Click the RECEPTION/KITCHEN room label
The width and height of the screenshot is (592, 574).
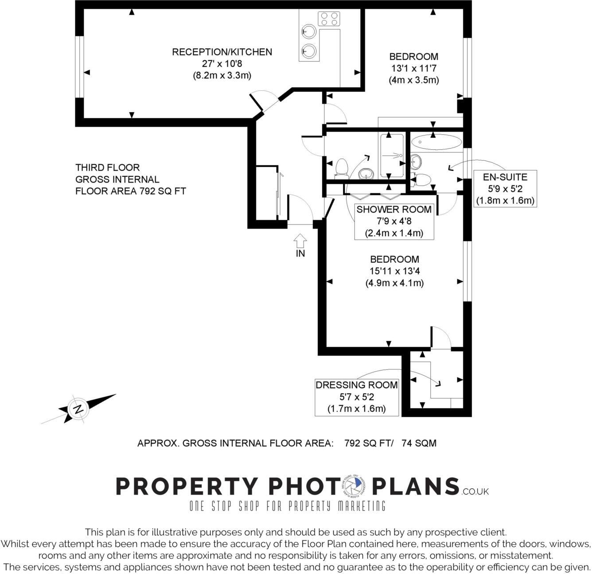222,52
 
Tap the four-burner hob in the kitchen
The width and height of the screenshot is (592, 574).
329,19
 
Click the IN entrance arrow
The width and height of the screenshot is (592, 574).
300,241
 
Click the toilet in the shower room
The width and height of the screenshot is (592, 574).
341,168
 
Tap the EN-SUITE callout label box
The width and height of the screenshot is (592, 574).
505,189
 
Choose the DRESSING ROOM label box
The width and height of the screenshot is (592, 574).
356,397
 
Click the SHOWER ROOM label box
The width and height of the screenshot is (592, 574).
394,221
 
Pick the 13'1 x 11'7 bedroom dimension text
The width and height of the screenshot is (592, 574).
413,68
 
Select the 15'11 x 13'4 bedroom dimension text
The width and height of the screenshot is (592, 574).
394,271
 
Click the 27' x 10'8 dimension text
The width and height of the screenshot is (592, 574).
222,64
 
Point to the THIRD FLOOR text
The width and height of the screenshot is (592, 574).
108,167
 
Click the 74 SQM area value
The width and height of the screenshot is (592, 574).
419,443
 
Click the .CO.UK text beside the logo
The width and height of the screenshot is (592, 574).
475,491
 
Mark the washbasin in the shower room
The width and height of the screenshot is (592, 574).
365,174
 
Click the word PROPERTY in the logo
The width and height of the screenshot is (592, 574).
186,486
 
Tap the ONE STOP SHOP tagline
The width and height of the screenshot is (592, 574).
287,506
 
